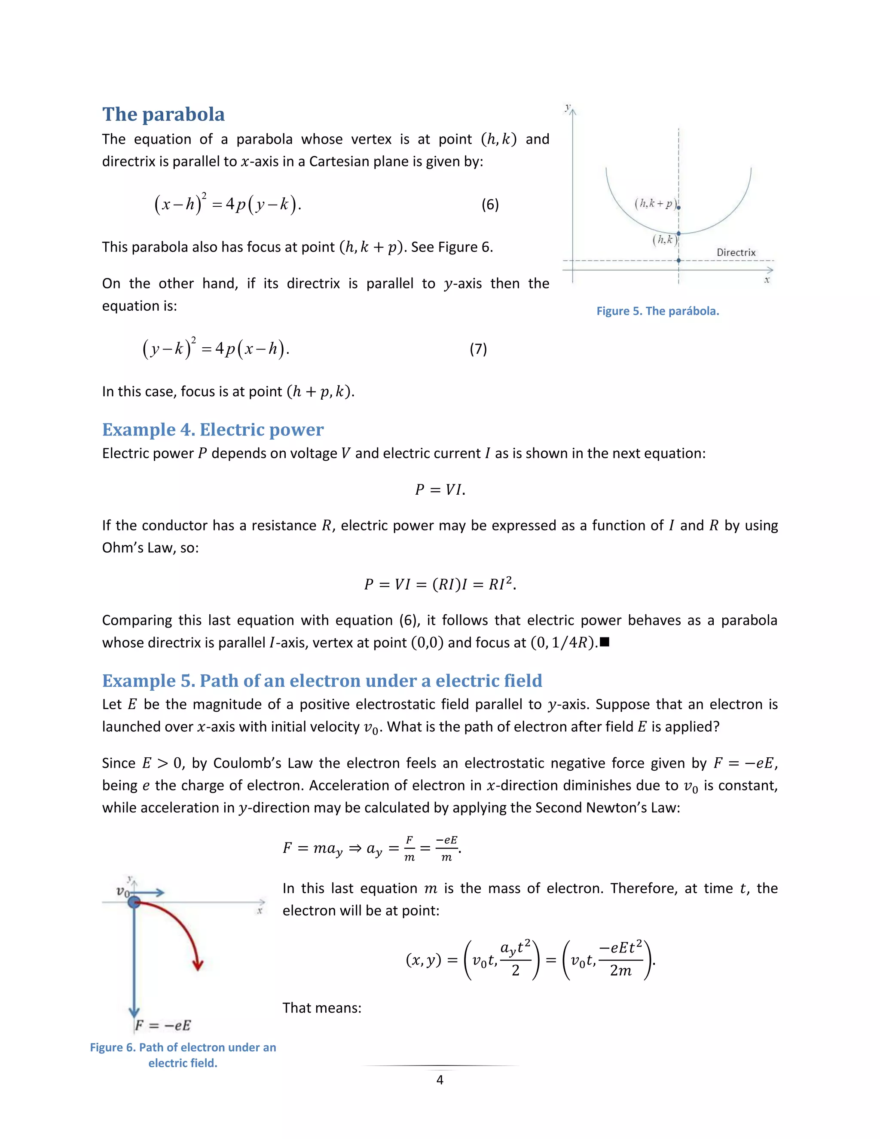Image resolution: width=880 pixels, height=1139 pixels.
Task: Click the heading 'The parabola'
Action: point(163,115)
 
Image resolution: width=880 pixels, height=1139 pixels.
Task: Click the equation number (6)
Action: point(489,205)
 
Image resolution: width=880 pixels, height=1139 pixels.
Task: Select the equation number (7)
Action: point(478,349)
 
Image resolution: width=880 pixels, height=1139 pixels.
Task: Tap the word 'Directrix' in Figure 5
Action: point(736,252)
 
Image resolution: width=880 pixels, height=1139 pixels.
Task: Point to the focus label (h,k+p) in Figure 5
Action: point(655,204)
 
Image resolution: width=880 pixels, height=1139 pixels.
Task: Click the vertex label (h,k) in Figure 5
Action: point(664,240)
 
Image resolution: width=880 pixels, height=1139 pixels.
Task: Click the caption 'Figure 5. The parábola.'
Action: point(657,311)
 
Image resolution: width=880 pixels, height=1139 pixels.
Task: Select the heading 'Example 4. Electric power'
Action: point(213,430)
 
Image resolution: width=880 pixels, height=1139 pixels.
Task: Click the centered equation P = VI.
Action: point(440,490)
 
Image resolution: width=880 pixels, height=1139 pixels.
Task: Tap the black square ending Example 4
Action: point(605,642)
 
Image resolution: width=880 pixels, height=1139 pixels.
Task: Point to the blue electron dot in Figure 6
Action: point(134,902)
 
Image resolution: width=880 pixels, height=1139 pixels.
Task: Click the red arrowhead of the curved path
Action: point(198,965)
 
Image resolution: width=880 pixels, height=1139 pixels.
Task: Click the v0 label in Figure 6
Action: point(123,891)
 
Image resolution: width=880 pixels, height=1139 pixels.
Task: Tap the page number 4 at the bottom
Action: point(440,1080)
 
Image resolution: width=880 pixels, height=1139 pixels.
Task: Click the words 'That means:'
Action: point(322,1008)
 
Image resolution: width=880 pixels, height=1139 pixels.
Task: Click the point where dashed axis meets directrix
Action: point(678,260)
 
